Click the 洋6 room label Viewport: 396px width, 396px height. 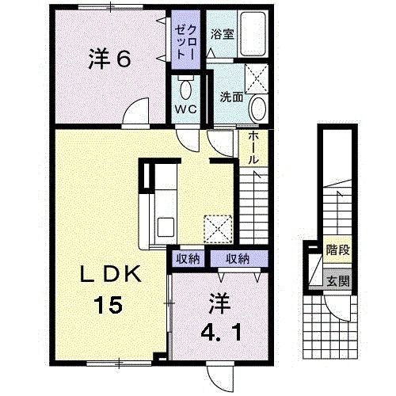pos(109,59)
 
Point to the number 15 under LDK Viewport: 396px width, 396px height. pos(110,303)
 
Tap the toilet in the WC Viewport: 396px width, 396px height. pos(186,86)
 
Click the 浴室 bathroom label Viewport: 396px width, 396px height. pos(221,35)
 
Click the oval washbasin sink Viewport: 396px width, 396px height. pos(257,109)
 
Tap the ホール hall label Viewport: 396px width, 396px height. pos(253,148)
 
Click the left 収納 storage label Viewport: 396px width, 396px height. pos(188,258)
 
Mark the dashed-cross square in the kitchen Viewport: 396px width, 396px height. pos(218,229)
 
